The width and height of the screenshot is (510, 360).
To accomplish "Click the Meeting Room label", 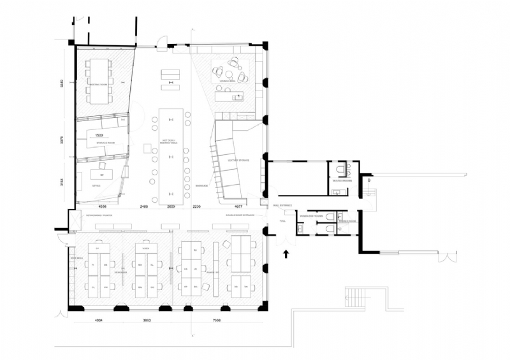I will coord(98,83).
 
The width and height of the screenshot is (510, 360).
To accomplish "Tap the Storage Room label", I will coord(105,143).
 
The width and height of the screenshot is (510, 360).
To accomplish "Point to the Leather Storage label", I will coord(238,161).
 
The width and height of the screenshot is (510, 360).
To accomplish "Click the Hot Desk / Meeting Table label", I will coord(170,141).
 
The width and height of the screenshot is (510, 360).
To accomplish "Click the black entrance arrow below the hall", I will coord(286,254).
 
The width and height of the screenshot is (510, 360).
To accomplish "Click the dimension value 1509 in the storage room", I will coord(99,136).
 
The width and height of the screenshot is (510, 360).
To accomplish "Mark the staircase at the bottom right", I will coord(357,296).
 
